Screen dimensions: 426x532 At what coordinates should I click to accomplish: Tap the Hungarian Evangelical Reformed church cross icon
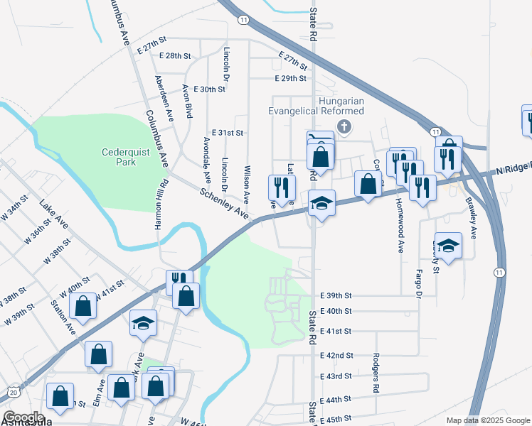[344, 127]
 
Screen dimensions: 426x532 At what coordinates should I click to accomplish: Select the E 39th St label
[336, 295]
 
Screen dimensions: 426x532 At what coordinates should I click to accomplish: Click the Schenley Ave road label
[223, 202]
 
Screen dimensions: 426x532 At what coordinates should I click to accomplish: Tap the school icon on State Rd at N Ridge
[321, 204]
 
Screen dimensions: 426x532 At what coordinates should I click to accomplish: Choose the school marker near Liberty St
[447, 246]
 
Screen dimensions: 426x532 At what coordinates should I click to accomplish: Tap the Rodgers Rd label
[376, 373]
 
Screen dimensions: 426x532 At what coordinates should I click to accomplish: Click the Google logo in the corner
[23, 417]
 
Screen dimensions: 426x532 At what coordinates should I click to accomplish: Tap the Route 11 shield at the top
[244, 20]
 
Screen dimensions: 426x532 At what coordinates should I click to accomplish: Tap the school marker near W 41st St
[144, 323]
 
